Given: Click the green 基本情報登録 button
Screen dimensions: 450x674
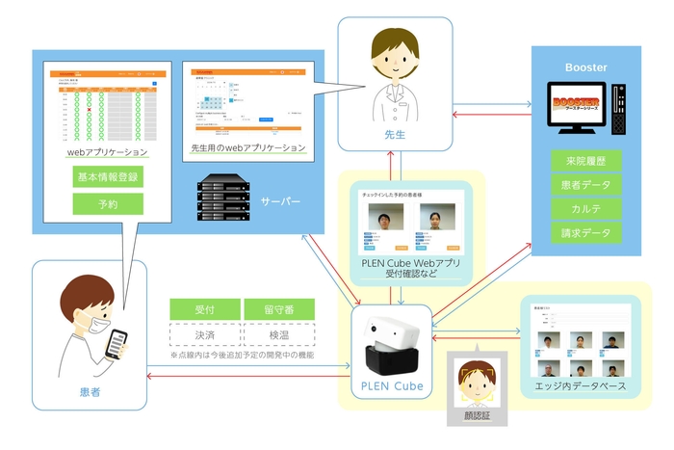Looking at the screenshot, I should [x=107, y=177].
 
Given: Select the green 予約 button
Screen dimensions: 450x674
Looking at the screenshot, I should [x=107, y=203].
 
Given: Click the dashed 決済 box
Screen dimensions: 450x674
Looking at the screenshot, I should [x=205, y=334].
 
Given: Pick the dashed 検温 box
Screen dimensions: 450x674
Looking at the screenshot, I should [x=279, y=334].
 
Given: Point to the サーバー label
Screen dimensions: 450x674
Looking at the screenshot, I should [x=280, y=200].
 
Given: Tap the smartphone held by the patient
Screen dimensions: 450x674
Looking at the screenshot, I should [x=117, y=345].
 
